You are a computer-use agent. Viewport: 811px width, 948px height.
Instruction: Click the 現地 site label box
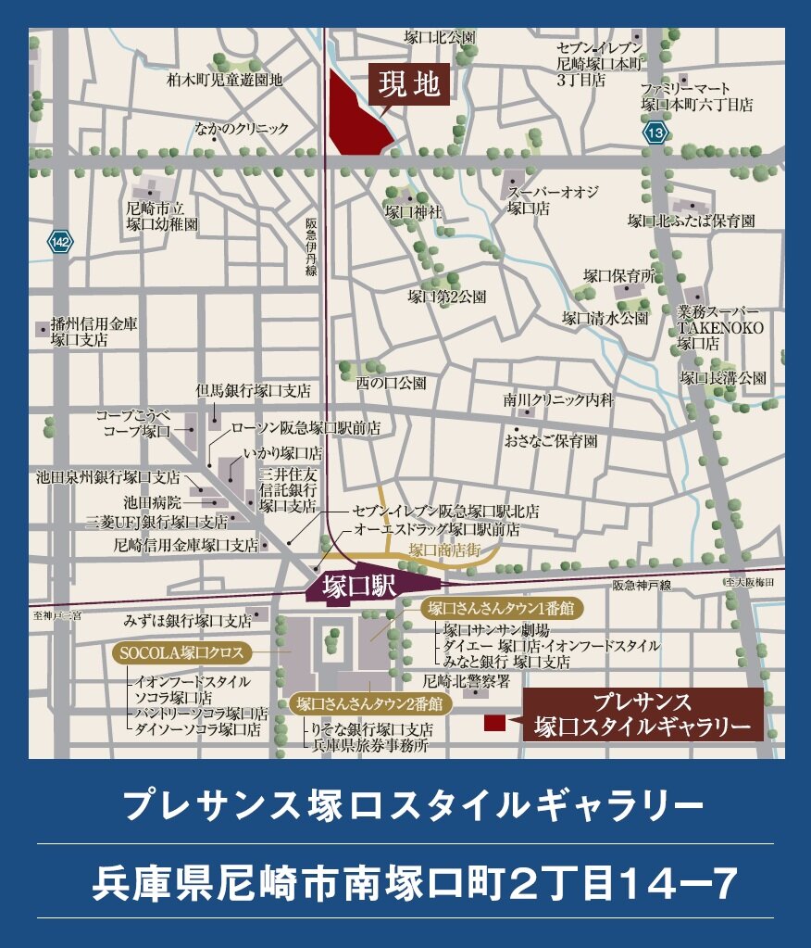410,85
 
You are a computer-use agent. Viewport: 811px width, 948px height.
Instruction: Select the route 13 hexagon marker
655,133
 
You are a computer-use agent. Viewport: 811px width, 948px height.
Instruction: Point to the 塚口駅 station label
360,587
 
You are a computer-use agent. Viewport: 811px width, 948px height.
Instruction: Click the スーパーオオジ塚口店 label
553,200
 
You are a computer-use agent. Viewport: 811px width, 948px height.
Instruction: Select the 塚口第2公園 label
447,297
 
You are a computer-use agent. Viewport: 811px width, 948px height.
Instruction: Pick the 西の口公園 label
392,382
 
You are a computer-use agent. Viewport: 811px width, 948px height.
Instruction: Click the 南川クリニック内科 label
558,400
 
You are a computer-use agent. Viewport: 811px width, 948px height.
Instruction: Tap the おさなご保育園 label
551,441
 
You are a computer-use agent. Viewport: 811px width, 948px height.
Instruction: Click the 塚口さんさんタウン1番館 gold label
501,609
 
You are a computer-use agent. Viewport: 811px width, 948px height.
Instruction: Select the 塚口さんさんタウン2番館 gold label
369,703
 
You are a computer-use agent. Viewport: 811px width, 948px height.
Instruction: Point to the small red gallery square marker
494,722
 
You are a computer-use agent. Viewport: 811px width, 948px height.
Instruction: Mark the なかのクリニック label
241,128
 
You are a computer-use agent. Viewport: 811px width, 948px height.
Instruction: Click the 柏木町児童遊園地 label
225,80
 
